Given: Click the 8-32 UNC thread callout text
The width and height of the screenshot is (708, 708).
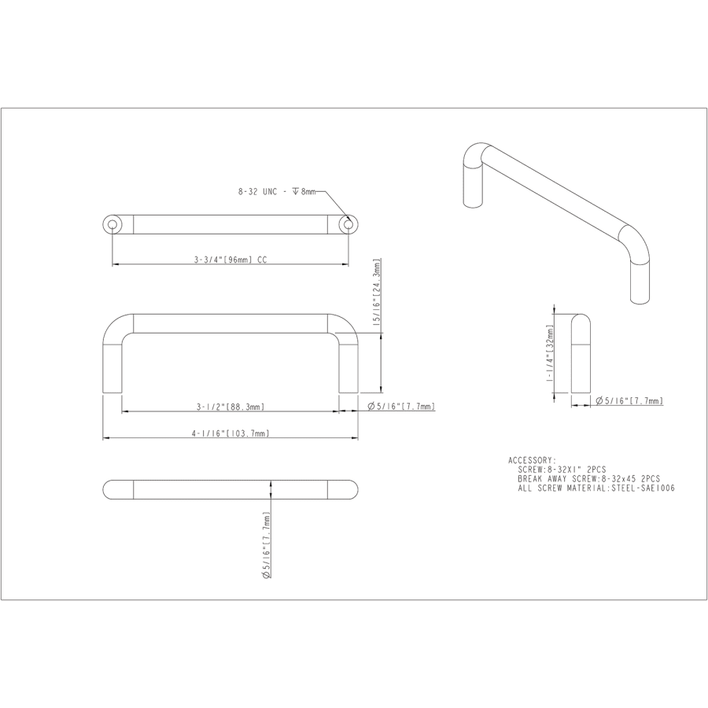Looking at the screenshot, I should [276, 191].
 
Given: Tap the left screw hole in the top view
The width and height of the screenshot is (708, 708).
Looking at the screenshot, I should [112, 225].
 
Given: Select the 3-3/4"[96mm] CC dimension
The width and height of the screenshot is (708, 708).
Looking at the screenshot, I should [227, 259].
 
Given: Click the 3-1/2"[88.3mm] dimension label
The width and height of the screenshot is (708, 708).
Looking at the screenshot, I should [230, 407].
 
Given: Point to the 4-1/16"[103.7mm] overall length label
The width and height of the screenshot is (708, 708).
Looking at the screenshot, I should [230, 433].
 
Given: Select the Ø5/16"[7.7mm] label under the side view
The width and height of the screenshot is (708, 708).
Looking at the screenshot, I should [629, 401].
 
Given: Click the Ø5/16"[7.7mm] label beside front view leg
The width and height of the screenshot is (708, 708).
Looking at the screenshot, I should [401, 407].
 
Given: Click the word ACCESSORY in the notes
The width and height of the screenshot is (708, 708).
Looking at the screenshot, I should [532, 459].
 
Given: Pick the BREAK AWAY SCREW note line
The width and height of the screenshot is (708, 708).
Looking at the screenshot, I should [588, 478].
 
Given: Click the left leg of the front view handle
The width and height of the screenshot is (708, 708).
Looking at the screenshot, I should [112, 366].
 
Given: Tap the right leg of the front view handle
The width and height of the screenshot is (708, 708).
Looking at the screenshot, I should [348, 366].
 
